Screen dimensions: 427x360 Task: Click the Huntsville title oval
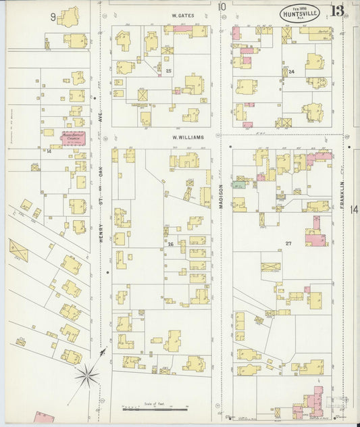pos(301,14)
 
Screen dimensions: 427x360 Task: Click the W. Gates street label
pos(182,14)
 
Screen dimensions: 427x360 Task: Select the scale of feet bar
pos(155,409)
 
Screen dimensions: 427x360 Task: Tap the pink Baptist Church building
pos(74,138)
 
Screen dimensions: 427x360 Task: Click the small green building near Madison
pos(238,184)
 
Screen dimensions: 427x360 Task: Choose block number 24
pos(292,71)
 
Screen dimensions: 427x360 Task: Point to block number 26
pos(170,244)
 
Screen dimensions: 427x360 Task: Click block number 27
pos(288,243)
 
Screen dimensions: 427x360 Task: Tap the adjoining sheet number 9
pos(52,16)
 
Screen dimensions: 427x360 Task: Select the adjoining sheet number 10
pos(222,7)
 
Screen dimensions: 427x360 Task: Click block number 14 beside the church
pos(49,151)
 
